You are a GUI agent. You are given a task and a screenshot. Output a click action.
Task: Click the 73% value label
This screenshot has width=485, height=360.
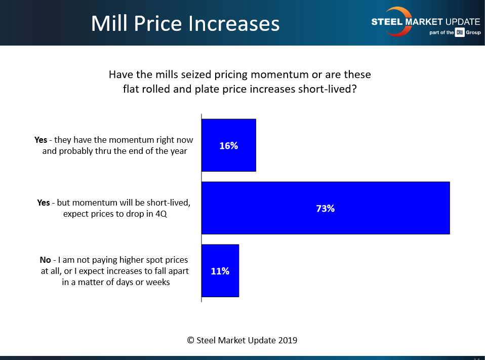pyautogui.click(x=326, y=208)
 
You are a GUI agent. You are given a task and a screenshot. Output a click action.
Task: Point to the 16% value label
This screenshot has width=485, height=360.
pyautogui.click(x=228, y=146)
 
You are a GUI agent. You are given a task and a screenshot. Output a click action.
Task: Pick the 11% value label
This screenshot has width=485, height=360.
pyautogui.click(x=220, y=271)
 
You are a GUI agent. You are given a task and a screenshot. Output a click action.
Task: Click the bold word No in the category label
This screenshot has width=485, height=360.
pyautogui.click(x=45, y=260)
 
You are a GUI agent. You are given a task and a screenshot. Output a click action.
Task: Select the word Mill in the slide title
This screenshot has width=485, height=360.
pyautogui.click(x=106, y=24)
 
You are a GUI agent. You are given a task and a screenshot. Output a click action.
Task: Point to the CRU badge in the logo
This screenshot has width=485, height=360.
pyautogui.click(x=446, y=33)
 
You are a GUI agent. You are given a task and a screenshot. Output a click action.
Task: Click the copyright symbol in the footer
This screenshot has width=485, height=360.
pyautogui.click(x=190, y=340)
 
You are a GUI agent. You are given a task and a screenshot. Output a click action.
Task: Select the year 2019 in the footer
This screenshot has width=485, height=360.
pyautogui.click(x=287, y=340)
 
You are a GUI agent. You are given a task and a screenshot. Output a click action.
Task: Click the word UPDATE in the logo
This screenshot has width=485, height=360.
pyautogui.click(x=461, y=22)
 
